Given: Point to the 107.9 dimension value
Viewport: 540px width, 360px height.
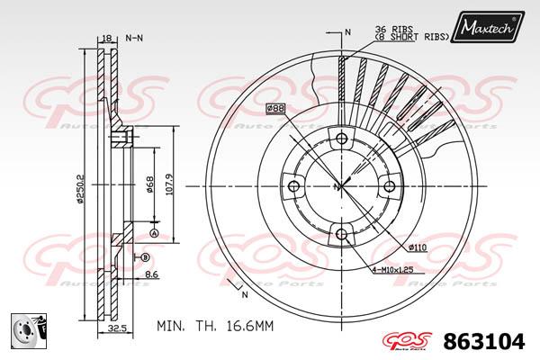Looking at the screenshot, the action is (168, 188).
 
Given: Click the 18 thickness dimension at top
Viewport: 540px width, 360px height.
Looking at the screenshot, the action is (107, 38).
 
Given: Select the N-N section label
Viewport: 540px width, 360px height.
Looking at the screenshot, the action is (134, 39).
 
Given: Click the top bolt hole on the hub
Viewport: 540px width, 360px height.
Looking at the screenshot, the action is (340, 139).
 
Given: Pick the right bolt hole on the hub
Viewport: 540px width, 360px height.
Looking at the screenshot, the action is (389, 186).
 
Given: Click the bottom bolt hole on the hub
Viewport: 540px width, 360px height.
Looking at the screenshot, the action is (340, 235).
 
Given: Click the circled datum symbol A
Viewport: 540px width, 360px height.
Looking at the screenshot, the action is (153, 233).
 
